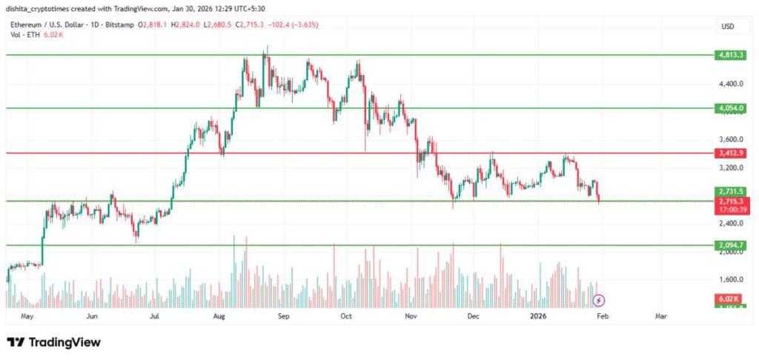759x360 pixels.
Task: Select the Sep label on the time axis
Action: (x=282, y=316)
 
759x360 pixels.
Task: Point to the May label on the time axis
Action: (x=28, y=316)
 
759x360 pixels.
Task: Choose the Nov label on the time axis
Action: (x=412, y=316)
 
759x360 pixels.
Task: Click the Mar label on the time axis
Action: (x=660, y=316)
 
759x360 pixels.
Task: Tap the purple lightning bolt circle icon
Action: (x=599, y=300)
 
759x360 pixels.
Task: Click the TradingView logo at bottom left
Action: (x=53, y=342)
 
